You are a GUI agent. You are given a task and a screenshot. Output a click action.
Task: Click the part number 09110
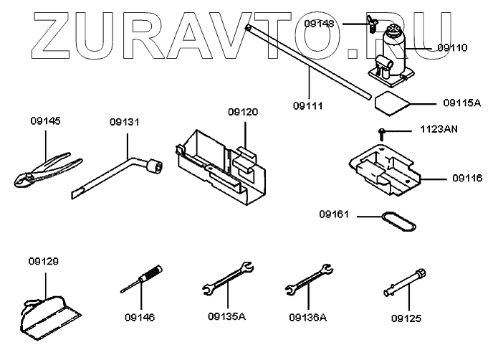click(x=452, y=48)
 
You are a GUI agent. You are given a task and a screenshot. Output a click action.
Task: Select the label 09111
click(x=309, y=105)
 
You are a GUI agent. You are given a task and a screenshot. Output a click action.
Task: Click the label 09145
click(x=46, y=121)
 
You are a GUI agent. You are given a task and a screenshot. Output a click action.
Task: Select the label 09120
click(x=243, y=113)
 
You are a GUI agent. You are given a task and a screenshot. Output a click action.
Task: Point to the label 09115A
click(x=461, y=103)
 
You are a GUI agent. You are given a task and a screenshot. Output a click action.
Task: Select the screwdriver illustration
click(x=143, y=280)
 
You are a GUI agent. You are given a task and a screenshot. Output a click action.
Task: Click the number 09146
click(x=139, y=317)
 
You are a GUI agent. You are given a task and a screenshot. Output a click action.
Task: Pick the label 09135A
click(x=226, y=317)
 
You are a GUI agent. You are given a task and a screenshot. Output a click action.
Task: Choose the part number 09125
click(x=406, y=317)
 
